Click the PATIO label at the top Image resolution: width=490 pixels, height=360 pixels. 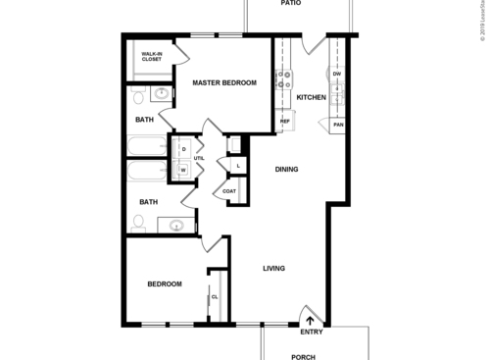pos(290,4)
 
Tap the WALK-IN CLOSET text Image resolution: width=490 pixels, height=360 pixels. pos(152,56)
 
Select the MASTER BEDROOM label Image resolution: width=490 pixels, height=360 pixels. pos(224,83)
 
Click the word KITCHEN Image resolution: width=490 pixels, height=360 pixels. pos(311,97)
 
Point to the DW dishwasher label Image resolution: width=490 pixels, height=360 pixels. pos(336,74)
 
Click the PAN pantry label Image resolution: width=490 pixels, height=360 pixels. pos(338,125)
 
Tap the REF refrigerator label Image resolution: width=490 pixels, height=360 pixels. pos(285,122)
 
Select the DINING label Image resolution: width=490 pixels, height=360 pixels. pos(286,169)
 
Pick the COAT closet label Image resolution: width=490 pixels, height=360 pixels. pos(228,191)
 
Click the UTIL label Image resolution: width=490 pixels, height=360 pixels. pos(198,158)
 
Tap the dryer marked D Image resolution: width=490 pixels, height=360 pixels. pos(183,149)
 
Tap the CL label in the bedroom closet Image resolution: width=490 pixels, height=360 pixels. pos(214,296)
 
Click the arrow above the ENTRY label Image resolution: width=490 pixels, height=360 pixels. pos(311,319)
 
